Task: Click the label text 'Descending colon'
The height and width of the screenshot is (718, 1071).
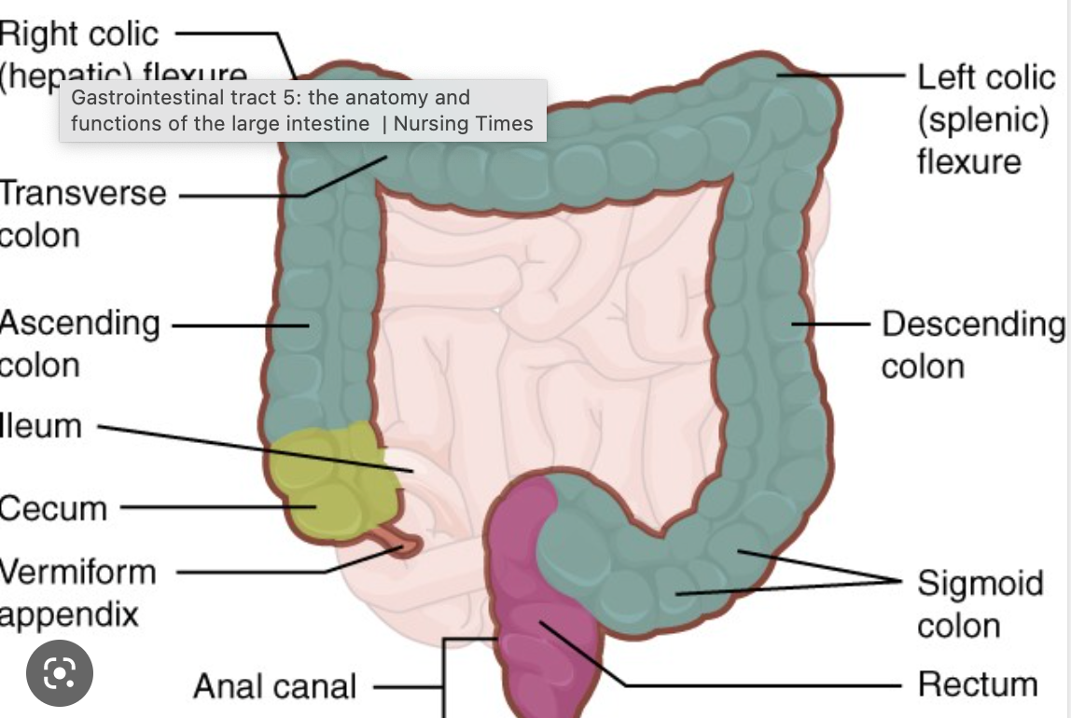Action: (970, 344)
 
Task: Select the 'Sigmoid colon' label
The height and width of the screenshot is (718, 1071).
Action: (966, 603)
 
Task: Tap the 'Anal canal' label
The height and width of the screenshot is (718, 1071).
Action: (274, 687)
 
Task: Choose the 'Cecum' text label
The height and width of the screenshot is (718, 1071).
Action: (53, 508)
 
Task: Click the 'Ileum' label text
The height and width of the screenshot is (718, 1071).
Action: (41, 426)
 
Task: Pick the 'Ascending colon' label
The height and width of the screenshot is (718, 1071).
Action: (78, 342)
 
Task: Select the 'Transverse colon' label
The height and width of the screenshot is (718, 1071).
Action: (81, 214)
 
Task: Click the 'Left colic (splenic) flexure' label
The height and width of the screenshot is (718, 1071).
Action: (983, 118)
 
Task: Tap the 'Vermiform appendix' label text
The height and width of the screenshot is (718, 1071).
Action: (76, 591)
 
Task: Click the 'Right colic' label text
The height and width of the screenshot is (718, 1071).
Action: (79, 35)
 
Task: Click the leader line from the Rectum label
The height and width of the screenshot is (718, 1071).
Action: (746, 684)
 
